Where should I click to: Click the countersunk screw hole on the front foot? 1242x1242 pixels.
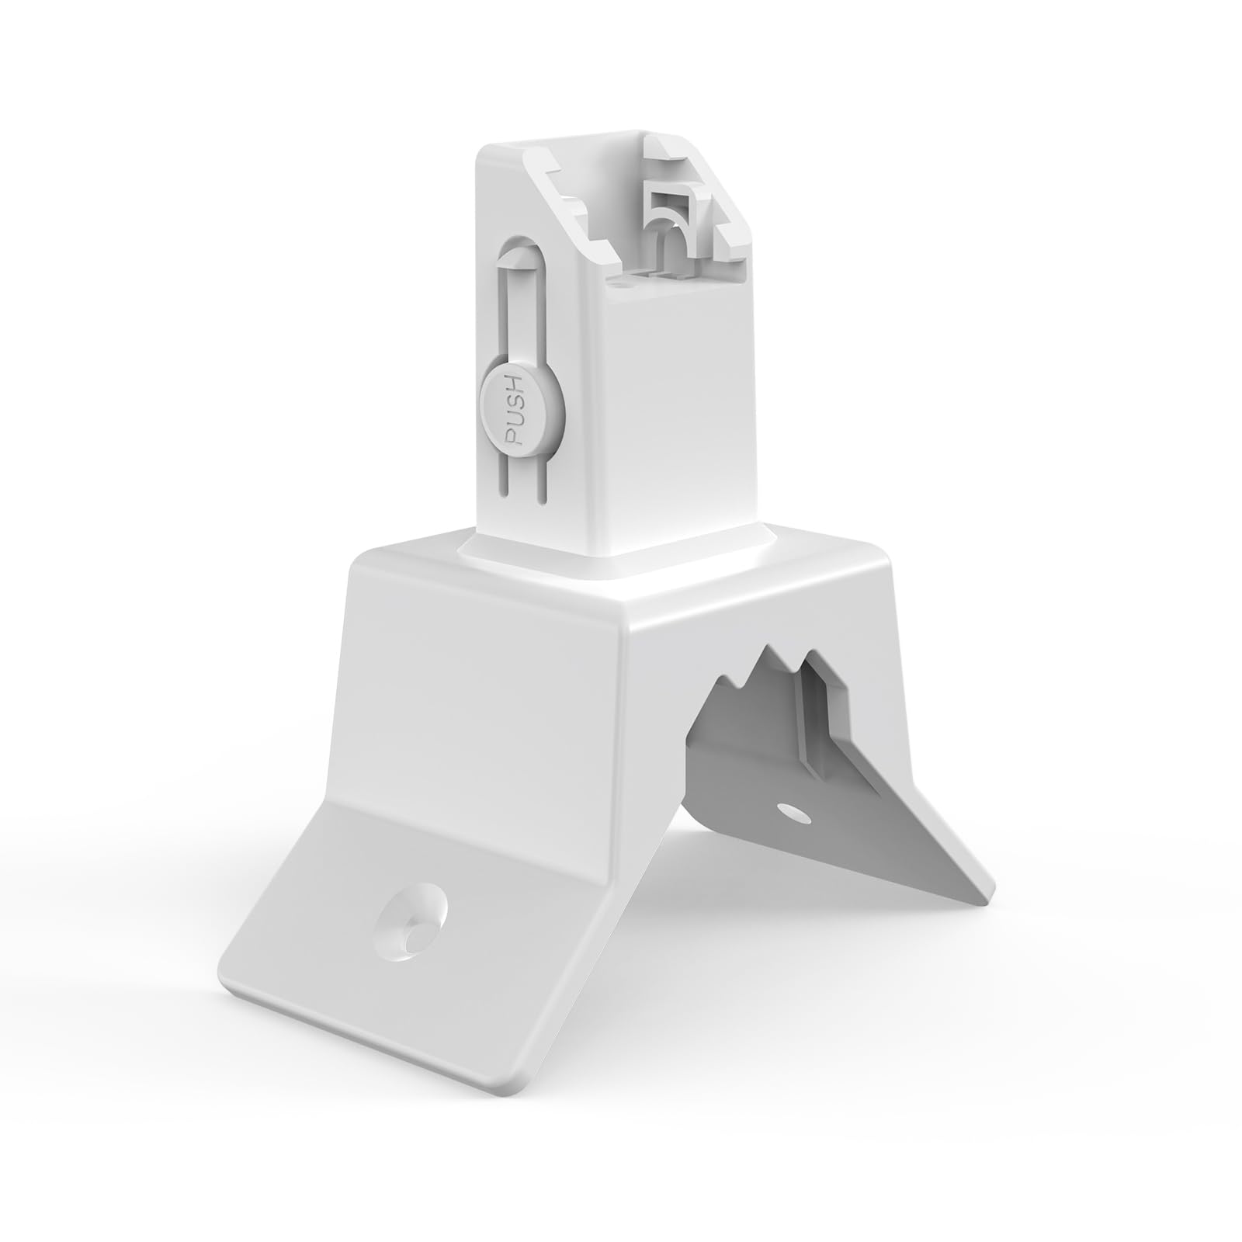click(410, 928)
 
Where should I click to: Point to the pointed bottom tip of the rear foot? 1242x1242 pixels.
click(984, 898)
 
